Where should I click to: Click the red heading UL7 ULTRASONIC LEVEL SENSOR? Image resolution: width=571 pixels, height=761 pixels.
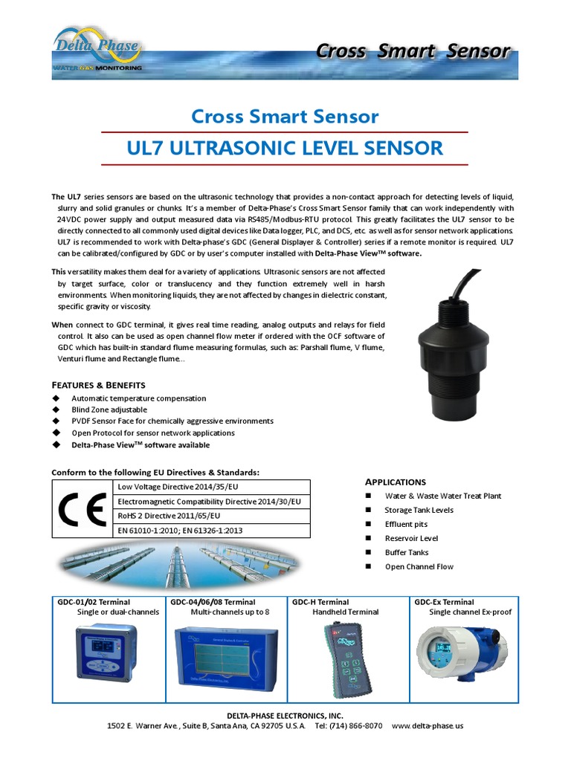[x=285, y=147]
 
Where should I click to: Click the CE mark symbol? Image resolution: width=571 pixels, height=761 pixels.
[x=82, y=508]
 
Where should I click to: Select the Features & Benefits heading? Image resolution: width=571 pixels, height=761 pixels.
[x=98, y=385]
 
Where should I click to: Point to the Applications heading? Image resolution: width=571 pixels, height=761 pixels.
[x=395, y=482]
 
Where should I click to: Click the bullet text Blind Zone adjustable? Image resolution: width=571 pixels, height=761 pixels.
[x=109, y=409]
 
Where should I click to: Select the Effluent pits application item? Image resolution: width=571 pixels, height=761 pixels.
[x=406, y=524]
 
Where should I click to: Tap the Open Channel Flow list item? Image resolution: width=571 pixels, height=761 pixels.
[x=419, y=566]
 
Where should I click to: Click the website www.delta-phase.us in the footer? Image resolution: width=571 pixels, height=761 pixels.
[x=427, y=725]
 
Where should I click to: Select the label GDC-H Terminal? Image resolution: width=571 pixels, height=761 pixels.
[x=320, y=602]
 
